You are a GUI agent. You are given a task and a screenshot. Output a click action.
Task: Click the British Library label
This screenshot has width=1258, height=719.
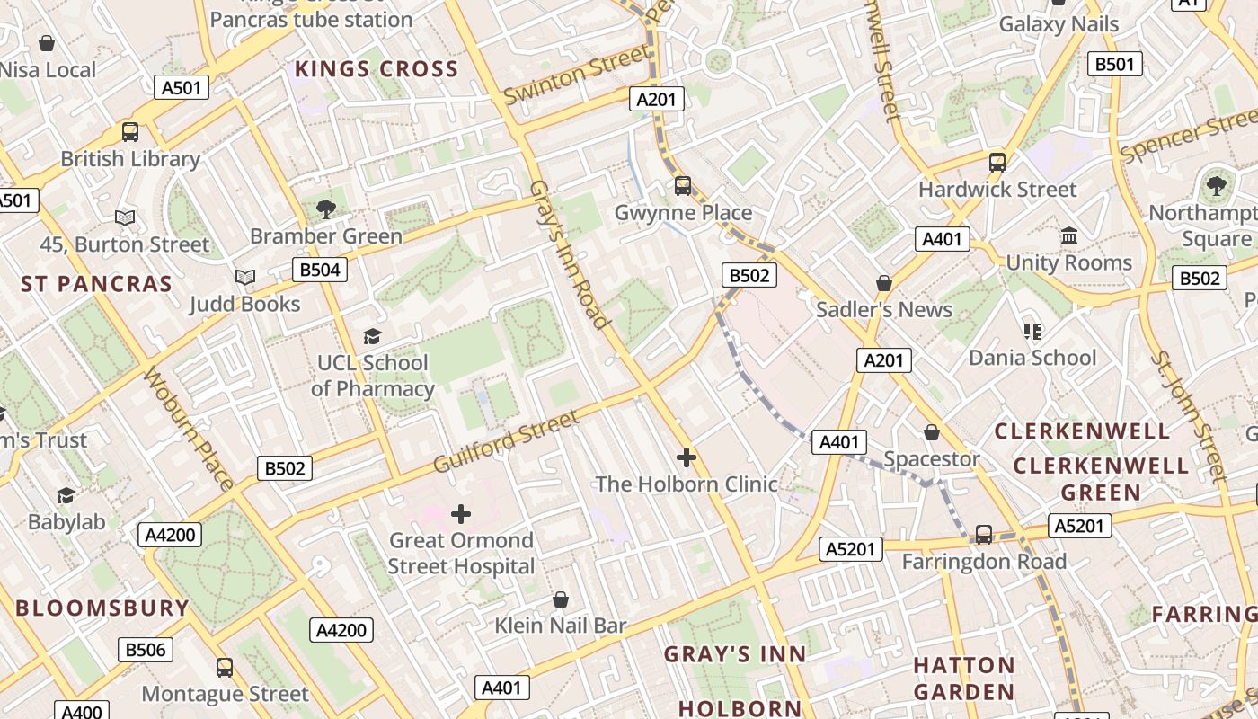click(x=130, y=159)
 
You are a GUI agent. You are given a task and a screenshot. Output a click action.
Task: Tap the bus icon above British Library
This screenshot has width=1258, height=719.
click(x=130, y=132)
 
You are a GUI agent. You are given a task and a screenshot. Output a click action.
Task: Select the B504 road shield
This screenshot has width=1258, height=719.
click(x=319, y=270)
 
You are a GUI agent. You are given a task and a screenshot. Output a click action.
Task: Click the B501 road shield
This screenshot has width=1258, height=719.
click(x=1115, y=64)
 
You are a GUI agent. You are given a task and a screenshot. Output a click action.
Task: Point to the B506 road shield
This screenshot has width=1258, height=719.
click(x=146, y=650)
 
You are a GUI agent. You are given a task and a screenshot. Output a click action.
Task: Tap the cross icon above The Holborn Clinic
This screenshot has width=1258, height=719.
click(x=687, y=457)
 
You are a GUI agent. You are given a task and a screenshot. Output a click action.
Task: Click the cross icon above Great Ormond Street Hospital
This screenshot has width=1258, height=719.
click(x=461, y=514)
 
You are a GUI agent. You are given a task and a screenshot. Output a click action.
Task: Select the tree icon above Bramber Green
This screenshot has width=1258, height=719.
click(x=325, y=209)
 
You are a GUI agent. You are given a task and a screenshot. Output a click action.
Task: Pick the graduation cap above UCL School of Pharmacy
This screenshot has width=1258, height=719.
click(x=372, y=336)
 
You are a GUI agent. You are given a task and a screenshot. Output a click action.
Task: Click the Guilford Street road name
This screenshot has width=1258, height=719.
click(x=507, y=441)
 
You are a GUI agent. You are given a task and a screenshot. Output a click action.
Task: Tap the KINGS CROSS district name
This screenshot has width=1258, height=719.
click(x=377, y=69)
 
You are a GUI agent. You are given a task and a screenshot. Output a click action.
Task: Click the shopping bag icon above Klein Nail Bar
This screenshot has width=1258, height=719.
click(x=561, y=599)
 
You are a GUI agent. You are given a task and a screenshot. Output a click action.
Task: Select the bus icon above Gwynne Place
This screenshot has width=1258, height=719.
click(x=683, y=186)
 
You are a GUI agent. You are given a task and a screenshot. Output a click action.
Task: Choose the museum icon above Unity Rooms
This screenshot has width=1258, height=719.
click(x=1069, y=235)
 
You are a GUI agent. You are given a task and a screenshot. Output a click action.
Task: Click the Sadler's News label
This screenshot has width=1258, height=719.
click(x=883, y=310)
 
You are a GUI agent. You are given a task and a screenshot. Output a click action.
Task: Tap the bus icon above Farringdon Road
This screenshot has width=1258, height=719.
click(x=984, y=535)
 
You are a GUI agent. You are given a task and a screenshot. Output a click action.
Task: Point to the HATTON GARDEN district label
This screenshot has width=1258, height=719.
click(x=964, y=679)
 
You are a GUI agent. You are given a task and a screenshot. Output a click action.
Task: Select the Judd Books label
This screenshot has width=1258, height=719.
click(x=244, y=305)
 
